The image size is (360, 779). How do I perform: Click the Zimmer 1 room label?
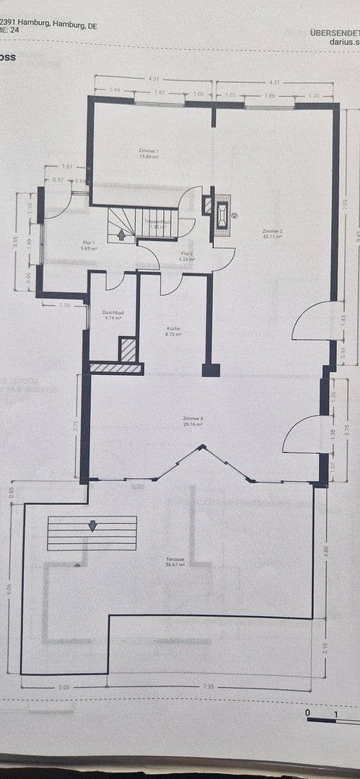[149, 152]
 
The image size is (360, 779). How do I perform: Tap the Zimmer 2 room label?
[272, 234]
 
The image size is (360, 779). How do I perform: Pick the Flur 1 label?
[89, 245]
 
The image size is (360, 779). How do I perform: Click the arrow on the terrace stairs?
[92, 526]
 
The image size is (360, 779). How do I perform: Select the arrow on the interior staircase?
[120, 233]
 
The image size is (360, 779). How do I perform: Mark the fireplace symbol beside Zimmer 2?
[222, 214]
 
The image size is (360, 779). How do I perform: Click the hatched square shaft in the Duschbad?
[128, 349]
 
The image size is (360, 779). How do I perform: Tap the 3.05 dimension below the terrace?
[64, 687]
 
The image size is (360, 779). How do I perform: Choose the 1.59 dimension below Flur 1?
[64, 306]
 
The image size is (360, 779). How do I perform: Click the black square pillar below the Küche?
[211, 370]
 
